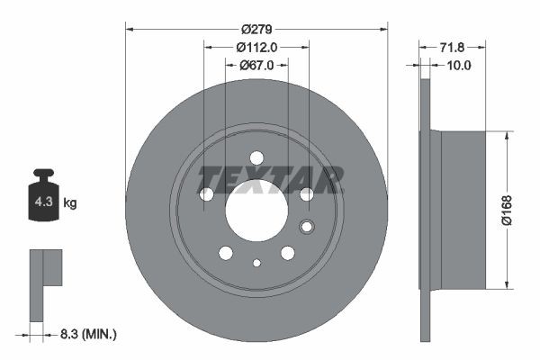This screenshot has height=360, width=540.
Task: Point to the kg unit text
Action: (70, 203)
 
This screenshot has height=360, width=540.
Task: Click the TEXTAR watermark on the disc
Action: (270, 179)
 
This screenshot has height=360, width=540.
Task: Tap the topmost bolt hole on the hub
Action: (256, 157)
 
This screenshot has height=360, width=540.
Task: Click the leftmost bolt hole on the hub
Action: (206, 193)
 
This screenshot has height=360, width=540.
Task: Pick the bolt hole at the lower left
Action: (225, 253)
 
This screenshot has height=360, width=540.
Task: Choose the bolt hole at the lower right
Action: (287, 253)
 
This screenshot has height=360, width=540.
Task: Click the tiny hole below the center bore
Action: (256, 263)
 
